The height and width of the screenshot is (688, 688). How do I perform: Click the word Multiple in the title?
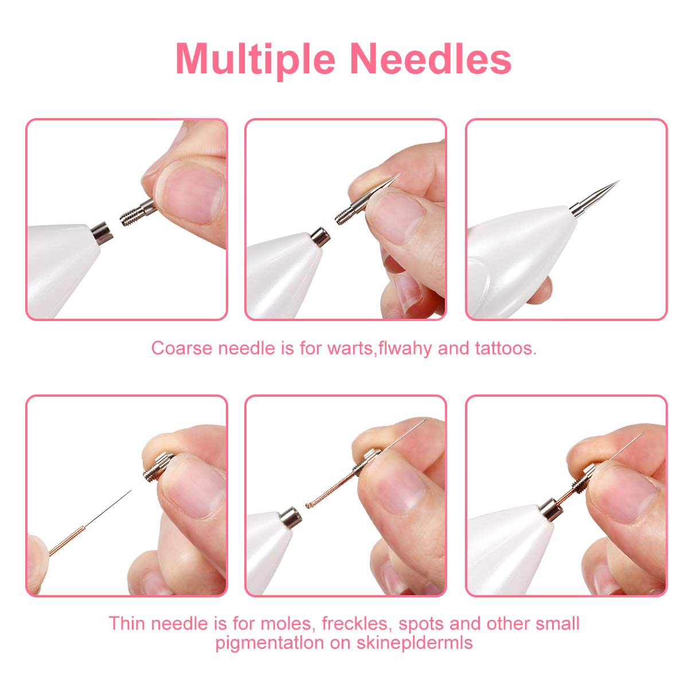coord(256,58)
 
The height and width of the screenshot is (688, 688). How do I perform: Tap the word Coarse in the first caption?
coord(182,348)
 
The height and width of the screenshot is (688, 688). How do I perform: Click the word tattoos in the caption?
coord(506,348)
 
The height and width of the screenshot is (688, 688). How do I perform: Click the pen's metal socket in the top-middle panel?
coord(321,236)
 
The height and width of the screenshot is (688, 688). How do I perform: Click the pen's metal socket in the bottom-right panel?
coord(551,510)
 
